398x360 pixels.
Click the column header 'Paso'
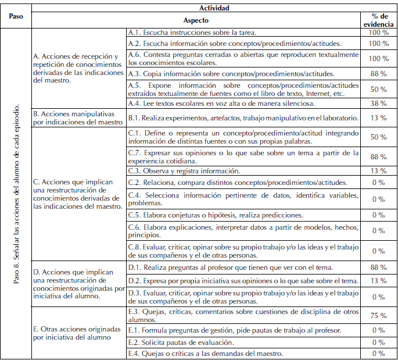[x=16, y=16]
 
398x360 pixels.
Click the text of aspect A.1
[x=192, y=33]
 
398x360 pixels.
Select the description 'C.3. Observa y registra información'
[x=184, y=171]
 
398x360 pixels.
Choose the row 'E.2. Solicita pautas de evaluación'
[x=181, y=342]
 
